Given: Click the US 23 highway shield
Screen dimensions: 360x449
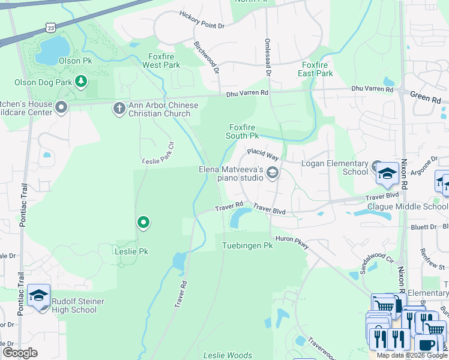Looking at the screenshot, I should click(52, 28).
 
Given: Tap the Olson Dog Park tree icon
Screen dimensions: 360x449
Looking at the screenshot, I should click(81, 82).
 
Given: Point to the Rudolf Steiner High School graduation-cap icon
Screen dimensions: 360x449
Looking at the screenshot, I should click(39, 296).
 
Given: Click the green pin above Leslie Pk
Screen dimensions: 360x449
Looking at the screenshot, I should click(143, 223).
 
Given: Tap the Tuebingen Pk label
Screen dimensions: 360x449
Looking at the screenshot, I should click(247, 246).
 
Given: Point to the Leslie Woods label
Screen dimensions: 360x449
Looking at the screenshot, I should click(228, 355).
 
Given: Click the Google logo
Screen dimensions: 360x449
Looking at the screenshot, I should click(20, 353).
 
